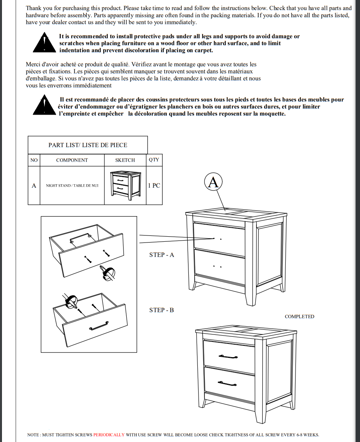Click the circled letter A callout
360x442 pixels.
[x=213, y=182]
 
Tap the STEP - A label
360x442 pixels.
[x=161, y=255]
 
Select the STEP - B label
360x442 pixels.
[x=161, y=310]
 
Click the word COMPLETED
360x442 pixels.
[x=299, y=316]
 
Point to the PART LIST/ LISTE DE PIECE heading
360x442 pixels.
[x=88, y=145]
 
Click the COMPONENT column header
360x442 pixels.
[x=72, y=160]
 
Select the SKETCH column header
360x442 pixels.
[x=125, y=160]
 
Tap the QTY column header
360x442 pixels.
[x=154, y=160]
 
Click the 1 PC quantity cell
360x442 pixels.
[x=154, y=185]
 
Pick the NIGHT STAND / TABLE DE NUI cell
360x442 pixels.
[x=72, y=185]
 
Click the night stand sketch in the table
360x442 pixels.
[x=125, y=185]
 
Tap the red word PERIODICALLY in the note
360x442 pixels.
[x=109, y=435]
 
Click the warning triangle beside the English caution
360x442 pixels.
[x=45, y=43]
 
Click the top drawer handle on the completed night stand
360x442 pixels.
[x=229, y=356]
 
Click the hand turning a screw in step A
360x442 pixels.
[x=108, y=272]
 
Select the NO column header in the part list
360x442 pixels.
[x=34, y=160]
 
